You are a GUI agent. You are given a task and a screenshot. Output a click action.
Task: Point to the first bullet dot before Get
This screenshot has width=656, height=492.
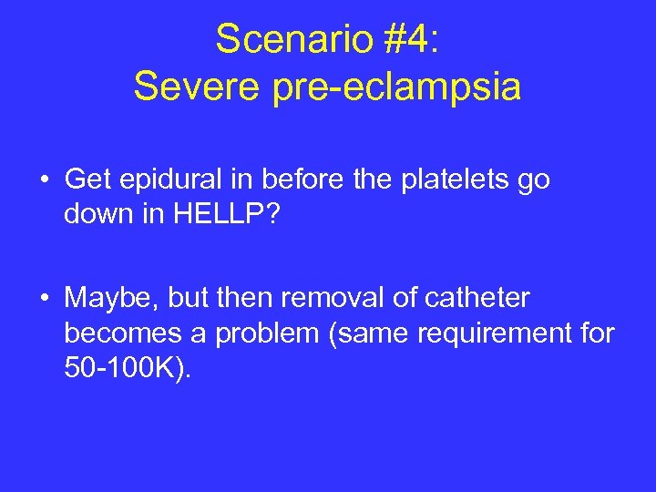click(44, 180)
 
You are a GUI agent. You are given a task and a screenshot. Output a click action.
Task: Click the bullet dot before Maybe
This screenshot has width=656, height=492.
click(44, 299)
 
